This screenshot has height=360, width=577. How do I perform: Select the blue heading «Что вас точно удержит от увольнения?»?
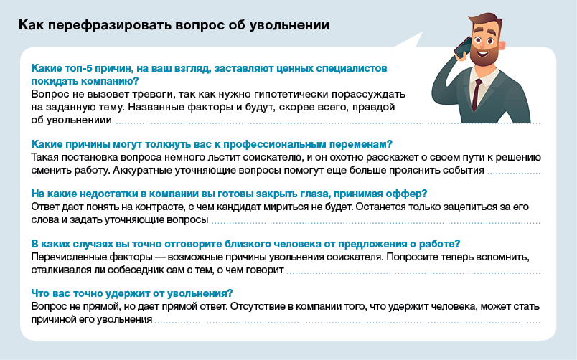(132, 293)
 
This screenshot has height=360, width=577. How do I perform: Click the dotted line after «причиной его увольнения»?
(347, 323)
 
